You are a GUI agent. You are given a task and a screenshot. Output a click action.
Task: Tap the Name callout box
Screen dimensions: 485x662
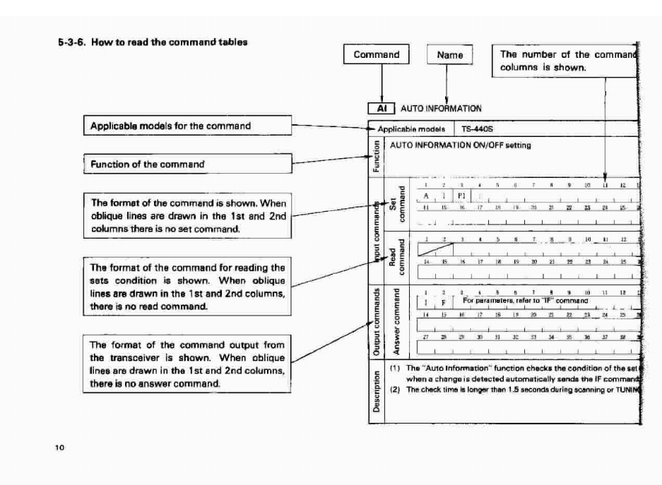coord(449,55)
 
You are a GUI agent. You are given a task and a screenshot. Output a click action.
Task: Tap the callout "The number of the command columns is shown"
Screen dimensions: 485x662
coord(567,61)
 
